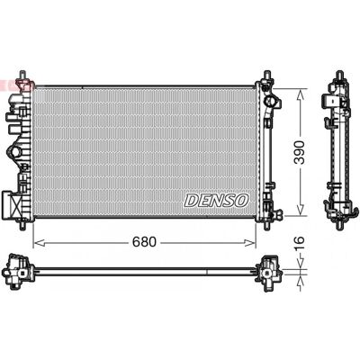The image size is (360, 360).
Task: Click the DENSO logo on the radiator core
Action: tap(216, 200)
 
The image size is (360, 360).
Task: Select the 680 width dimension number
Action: tap(144, 242)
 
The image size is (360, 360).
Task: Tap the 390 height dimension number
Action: tap(299, 152)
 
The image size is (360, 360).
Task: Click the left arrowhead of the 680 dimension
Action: tap(39, 242)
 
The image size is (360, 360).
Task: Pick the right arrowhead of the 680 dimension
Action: tap(249, 242)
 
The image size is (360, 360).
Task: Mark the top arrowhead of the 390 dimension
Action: tap(300, 95)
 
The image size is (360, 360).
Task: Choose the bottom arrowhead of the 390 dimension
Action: tap(300, 209)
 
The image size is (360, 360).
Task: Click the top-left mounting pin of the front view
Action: tap(22, 76)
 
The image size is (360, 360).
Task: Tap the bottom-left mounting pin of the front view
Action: tap(22, 225)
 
